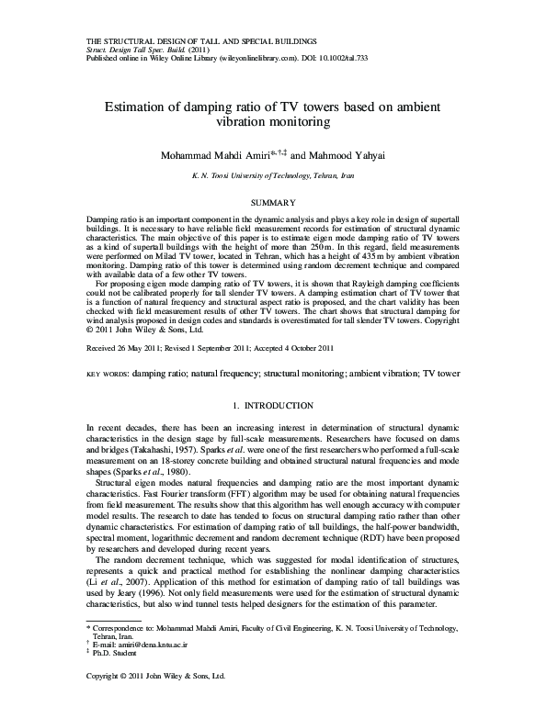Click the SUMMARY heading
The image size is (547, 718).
273,201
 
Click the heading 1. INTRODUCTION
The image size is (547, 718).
273,405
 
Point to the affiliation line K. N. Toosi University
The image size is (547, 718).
273,174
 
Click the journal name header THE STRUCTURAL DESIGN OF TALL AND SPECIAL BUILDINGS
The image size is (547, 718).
201,42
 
